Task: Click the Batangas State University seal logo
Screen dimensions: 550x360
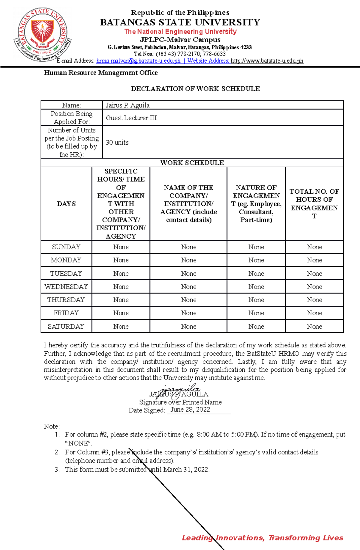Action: pos(42,34)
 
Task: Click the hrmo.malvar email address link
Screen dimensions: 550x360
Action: pos(138,61)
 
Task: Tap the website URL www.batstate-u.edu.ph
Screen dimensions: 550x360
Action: pos(267,61)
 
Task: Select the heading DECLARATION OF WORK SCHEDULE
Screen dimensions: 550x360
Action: pos(195,89)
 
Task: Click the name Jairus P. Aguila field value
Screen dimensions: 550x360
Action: pos(127,105)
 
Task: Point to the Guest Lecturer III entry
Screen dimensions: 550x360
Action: pos(131,118)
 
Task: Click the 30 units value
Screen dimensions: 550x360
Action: pos(117,142)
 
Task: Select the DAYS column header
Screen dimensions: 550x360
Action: pos(66,204)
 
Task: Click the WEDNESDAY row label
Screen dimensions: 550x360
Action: pos(66,287)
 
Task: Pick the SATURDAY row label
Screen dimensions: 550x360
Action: pos(66,326)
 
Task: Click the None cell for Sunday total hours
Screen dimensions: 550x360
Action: pos(314,247)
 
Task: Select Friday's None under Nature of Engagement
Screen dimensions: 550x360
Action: pos(256,313)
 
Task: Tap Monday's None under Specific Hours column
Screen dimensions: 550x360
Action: pos(121,260)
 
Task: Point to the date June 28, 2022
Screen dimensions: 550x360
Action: pos(190,410)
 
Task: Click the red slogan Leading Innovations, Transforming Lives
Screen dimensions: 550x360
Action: pos(262,537)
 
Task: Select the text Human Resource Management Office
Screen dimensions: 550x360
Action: pos(101,73)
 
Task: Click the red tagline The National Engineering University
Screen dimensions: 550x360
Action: pos(180,31)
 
